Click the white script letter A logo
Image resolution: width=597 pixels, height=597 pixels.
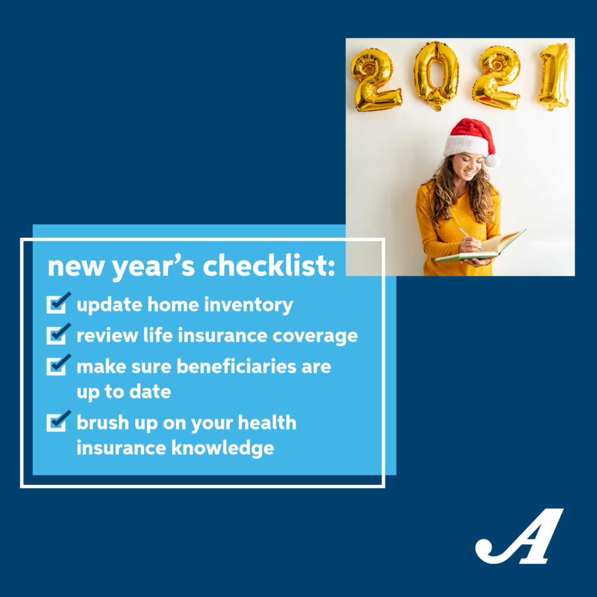click(x=519, y=536)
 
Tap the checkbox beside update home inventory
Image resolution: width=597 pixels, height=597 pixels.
click(x=57, y=304)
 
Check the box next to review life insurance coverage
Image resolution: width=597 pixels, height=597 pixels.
click(x=57, y=335)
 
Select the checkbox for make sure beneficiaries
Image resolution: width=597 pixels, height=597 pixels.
click(x=57, y=366)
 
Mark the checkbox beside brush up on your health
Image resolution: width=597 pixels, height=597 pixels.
click(x=57, y=422)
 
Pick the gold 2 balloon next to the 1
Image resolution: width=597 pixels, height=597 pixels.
click(x=496, y=78)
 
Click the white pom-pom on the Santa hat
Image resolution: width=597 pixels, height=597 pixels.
click(x=491, y=160)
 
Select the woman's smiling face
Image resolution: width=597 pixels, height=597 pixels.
click(x=468, y=167)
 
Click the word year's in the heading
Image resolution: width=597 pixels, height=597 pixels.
click(x=153, y=268)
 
